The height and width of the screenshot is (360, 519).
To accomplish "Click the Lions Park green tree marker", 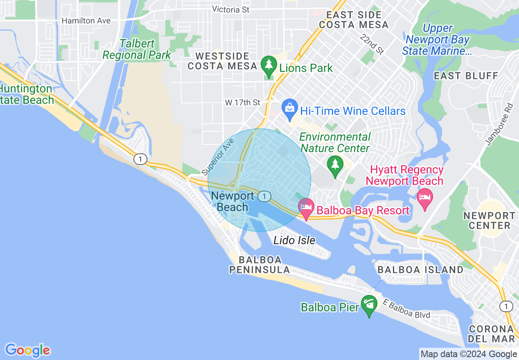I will [269, 66].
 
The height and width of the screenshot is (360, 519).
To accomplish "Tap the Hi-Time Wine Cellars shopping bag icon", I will [289, 109].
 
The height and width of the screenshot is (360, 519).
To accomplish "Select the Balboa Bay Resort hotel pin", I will [306, 207].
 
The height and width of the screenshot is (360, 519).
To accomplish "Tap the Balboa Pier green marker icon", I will [369, 305].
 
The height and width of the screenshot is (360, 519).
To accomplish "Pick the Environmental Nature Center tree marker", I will [335, 165].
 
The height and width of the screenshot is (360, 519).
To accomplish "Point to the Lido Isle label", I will [294, 240].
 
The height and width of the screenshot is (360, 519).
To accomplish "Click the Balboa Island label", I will [420, 270].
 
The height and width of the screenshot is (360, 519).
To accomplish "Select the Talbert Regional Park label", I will [137, 49].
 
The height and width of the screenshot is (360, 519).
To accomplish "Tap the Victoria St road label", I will [231, 9].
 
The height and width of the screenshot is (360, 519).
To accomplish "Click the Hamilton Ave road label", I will [86, 20].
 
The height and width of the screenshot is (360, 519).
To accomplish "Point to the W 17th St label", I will [243, 103].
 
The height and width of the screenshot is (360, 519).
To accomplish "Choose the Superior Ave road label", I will [218, 157].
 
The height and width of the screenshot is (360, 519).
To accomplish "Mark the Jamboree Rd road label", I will [499, 124].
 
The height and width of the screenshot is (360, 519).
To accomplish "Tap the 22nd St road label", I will [372, 44].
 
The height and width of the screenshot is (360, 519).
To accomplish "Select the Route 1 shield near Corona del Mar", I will [506, 306].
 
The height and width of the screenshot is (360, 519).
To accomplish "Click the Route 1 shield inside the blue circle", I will [265, 196].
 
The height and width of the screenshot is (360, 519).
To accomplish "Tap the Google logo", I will [28, 350].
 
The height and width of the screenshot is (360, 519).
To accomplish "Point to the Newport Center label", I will [489, 220].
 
